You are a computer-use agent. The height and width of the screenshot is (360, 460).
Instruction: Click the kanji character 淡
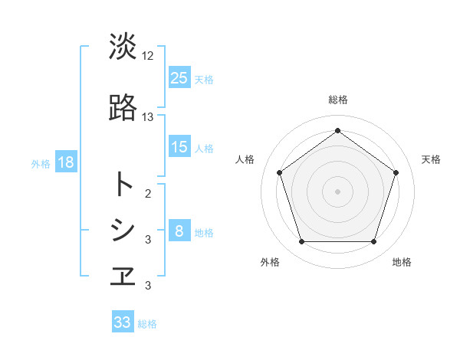(123, 47)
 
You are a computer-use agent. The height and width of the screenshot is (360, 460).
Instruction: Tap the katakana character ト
(123, 184)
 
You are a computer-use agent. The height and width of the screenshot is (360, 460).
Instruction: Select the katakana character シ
(123, 230)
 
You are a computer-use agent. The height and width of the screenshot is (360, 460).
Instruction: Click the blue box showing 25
(179, 78)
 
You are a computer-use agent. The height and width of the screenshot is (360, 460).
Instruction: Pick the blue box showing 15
(179, 147)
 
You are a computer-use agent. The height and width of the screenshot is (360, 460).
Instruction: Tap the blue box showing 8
(179, 231)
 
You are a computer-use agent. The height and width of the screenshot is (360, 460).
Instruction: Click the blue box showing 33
(123, 322)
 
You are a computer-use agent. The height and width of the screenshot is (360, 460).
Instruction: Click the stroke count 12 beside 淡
(148, 56)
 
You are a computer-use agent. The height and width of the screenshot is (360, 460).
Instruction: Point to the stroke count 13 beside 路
(148, 117)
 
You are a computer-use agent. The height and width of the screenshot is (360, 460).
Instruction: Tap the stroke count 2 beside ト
(148, 193)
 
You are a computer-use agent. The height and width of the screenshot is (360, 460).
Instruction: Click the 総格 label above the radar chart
(338, 100)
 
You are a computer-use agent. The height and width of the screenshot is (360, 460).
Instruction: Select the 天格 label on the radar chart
(432, 159)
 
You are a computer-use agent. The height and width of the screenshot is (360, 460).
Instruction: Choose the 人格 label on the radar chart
(245, 159)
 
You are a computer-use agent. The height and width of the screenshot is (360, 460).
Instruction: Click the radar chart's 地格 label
(402, 262)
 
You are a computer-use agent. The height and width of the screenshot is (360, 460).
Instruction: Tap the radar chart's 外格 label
(270, 262)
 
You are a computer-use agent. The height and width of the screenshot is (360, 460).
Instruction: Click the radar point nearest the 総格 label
(338, 131)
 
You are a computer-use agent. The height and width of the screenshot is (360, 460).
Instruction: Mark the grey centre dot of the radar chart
(338, 191)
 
